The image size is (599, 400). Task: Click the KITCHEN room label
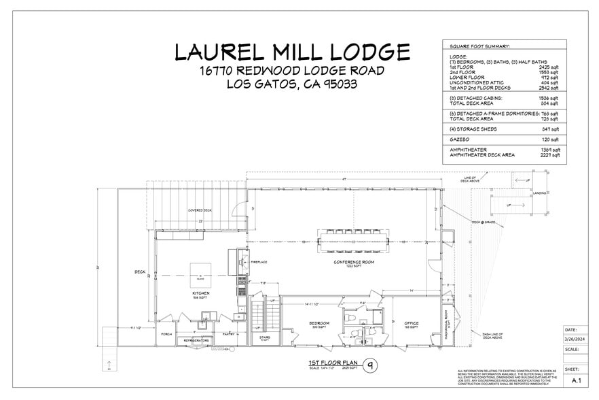click(x=200, y=293)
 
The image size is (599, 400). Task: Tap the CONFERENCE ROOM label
click(x=350, y=262)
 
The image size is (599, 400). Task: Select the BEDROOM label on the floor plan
click(x=319, y=322)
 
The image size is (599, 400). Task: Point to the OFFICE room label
click(x=411, y=323)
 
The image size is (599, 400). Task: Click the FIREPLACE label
click(x=259, y=262)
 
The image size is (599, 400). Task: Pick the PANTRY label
click(x=228, y=334)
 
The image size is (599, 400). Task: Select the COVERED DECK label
click(x=200, y=211)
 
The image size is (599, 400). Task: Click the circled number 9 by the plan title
click(x=370, y=365)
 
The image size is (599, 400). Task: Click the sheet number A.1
click(x=577, y=380)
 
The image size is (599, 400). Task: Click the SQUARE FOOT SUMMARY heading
click(x=479, y=46)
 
